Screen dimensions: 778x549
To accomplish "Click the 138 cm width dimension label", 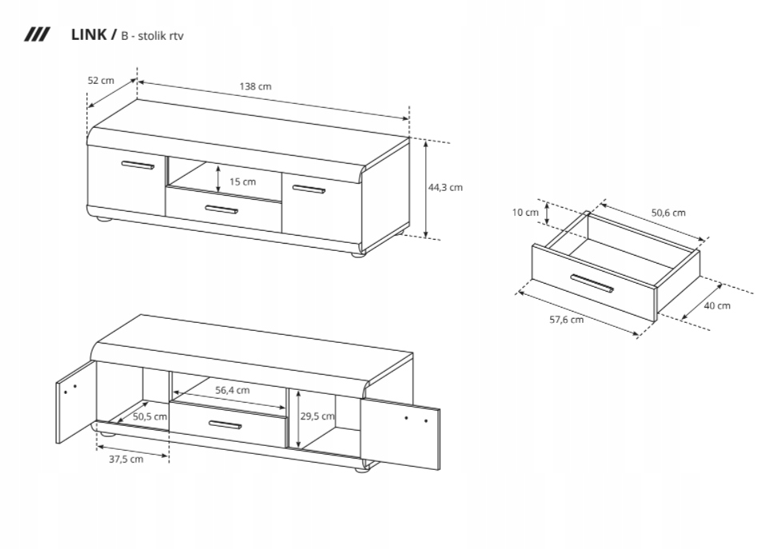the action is pyautogui.click(x=256, y=86).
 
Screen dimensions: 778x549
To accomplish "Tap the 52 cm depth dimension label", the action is pyautogui.click(x=101, y=80).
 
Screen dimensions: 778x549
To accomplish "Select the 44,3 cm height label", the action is pyautogui.click(x=445, y=188).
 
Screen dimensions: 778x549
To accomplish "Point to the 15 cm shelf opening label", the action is pyautogui.click(x=242, y=181).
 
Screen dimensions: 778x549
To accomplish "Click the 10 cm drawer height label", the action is pyautogui.click(x=525, y=213).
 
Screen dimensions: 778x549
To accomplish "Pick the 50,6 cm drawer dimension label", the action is pyautogui.click(x=668, y=213).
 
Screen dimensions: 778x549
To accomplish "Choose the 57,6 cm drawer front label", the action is pyautogui.click(x=566, y=320).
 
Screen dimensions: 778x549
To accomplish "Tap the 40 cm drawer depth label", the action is pyautogui.click(x=717, y=305).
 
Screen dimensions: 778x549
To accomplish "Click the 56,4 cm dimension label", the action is pyautogui.click(x=233, y=390).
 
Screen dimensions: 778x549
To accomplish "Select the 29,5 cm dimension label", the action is pyautogui.click(x=317, y=416).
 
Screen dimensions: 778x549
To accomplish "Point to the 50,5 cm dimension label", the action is pyautogui.click(x=150, y=416).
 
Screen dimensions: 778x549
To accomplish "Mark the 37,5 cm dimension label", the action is pyautogui.click(x=126, y=459).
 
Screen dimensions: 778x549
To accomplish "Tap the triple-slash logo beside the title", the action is pyautogui.click(x=38, y=34).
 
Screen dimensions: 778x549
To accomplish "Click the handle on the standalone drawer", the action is pyautogui.click(x=592, y=284).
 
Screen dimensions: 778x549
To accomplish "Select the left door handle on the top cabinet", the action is pyautogui.click(x=138, y=165).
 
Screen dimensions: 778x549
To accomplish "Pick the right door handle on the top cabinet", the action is pyautogui.click(x=309, y=190).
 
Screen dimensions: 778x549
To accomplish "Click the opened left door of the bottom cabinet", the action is pyautogui.click(x=75, y=401).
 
